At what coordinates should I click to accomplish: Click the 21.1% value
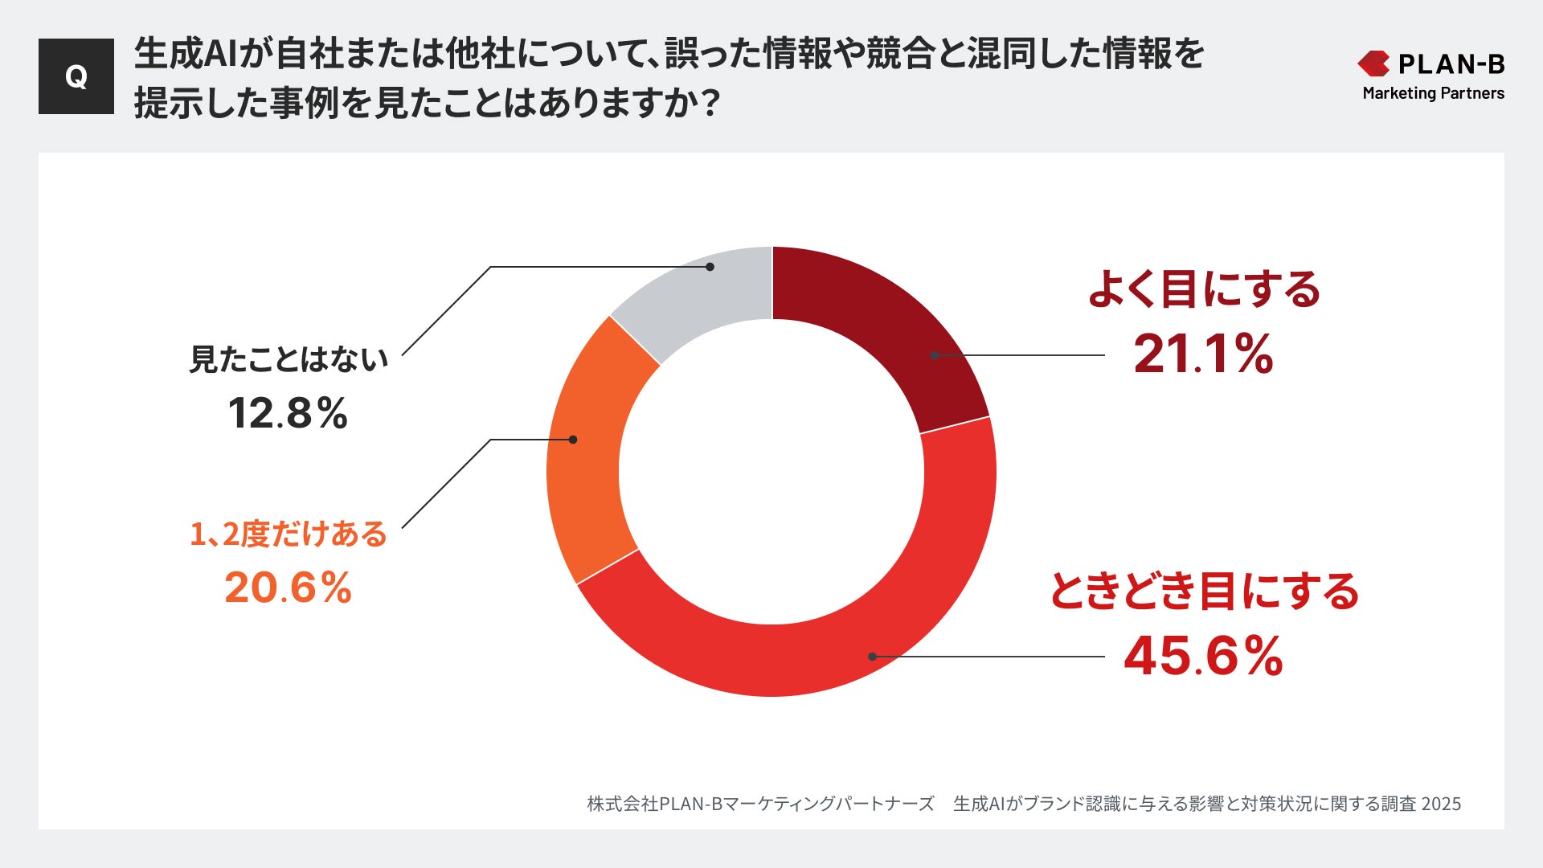[1203, 354]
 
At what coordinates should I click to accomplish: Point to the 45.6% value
[1203, 656]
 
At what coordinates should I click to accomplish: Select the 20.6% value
[288, 588]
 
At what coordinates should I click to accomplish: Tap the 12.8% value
[288, 413]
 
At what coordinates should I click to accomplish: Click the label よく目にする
[1203, 289]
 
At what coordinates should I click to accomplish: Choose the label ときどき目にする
[1203, 592]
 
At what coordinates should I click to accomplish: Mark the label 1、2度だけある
[288, 534]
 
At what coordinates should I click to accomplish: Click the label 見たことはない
[288, 359]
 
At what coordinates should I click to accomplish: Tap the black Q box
[76, 76]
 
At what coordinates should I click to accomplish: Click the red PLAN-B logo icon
[1373, 63]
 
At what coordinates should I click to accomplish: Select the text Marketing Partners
[1433, 93]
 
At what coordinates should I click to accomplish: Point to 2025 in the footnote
[1441, 804]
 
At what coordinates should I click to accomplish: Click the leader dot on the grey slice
[710, 267]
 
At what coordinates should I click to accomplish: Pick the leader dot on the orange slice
[573, 440]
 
